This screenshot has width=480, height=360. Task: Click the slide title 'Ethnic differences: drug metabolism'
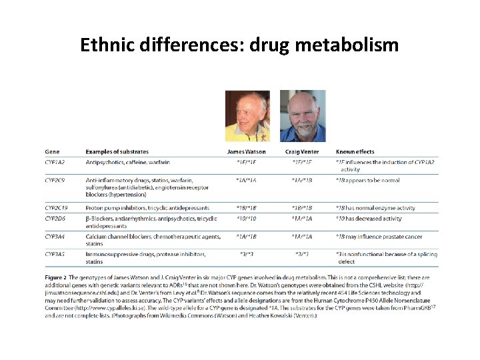click(x=239, y=45)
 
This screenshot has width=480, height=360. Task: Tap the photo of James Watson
click(x=249, y=116)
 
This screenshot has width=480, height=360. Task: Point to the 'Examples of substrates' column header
click(x=117, y=152)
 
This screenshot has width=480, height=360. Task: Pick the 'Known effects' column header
click(x=355, y=152)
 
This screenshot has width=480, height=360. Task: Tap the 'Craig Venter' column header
click(x=303, y=152)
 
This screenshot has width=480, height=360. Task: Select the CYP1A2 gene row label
click(x=57, y=162)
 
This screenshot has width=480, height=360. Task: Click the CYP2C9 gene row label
click(x=57, y=180)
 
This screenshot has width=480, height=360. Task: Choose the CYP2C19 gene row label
click(x=58, y=208)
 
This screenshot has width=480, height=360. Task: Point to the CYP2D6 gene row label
click(x=57, y=218)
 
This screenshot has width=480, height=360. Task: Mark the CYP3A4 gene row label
click(x=57, y=236)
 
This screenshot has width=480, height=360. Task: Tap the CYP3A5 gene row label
click(x=57, y=254)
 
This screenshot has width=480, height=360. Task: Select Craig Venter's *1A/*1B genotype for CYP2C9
click(x=303, y=180)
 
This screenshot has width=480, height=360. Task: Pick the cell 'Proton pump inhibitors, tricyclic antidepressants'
click(x=147, y=208)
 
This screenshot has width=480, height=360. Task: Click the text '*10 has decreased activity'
click(x=369, y=218)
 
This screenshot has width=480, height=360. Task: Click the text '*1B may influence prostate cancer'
click(x=379, y=236)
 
